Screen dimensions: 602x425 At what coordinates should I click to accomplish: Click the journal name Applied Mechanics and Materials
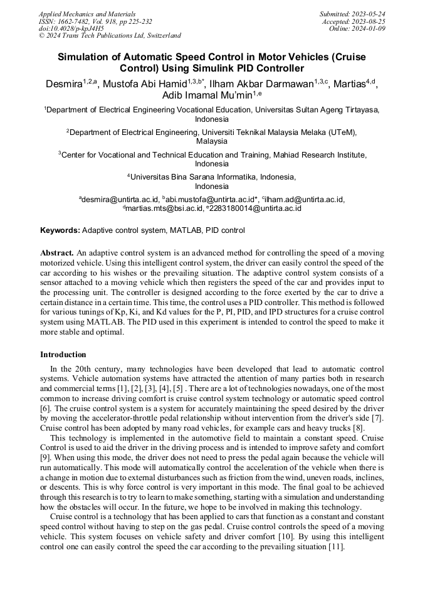[x=87, y=14]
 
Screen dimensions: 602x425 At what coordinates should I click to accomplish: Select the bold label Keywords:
[x=60, y=230]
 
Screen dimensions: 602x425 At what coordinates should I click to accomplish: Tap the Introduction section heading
[x=63, y=355]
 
